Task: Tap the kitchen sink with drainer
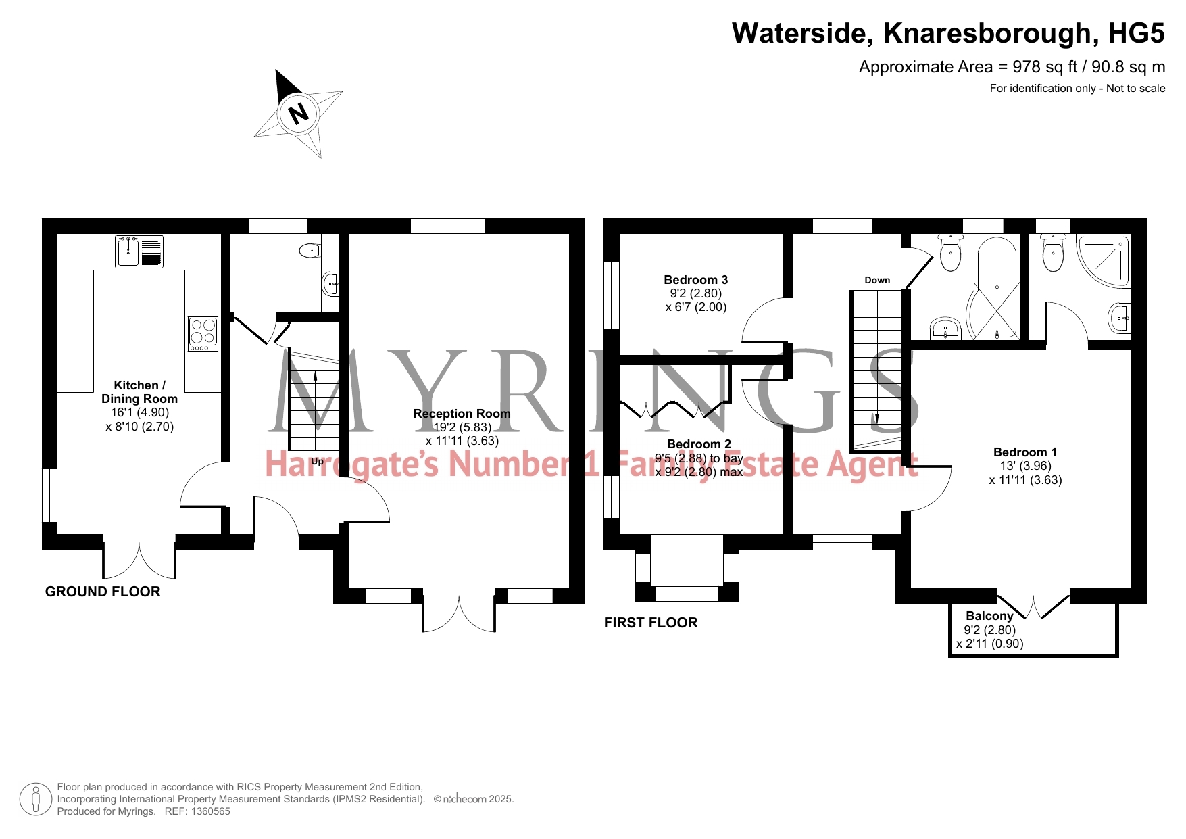tap(139, 251)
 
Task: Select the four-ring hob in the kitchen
tap(203, 333)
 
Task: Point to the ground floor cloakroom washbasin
tap(331, 285)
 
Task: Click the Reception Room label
tap(462, 414)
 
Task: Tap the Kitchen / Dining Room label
tap(139, 392)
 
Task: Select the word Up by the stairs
tap(317, 462)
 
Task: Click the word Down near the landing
tap(877, 280)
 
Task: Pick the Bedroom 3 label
tap(695, 280)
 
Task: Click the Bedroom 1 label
tap(1025, 452)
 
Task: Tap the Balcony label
tap(989, 616)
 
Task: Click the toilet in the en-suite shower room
tap(1053, 253)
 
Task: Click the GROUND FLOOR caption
tap(103, 592)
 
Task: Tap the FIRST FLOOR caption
tap(651, 623)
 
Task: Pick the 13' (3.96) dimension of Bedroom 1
tap(1026, 466)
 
